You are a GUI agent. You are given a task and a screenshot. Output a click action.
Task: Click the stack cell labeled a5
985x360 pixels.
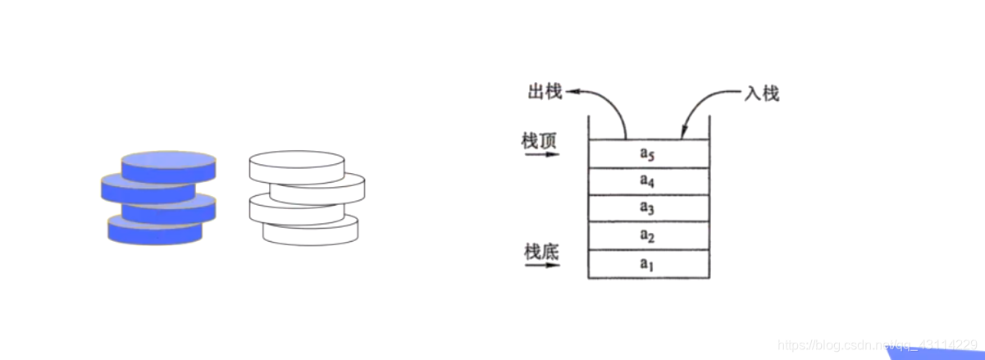coord(649,153)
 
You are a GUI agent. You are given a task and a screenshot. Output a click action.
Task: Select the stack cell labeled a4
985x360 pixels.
coord(649,180)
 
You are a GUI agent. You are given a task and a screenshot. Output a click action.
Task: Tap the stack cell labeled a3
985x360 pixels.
coord(649,207)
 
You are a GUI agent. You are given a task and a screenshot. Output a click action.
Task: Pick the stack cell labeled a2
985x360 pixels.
coord(649,235)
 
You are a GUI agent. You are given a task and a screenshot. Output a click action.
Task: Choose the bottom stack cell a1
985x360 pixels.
coord(649,264)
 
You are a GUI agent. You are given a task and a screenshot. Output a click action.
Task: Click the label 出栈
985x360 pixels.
coord(544,91)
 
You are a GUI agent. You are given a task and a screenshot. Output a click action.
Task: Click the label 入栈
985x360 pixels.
coord(760,93)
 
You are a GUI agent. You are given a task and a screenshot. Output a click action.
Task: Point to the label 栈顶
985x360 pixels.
coord(539,140)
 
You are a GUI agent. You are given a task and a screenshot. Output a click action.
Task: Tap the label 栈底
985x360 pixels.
coord(541,251)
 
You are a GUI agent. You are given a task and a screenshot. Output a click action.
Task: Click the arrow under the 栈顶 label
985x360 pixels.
coord(540,154)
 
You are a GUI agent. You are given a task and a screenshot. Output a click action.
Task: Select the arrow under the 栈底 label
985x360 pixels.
coord(540,265)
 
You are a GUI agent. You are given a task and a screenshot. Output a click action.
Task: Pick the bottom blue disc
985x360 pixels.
coord(154,229)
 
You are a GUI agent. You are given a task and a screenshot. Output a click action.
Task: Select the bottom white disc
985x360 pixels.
coord(311,230)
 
